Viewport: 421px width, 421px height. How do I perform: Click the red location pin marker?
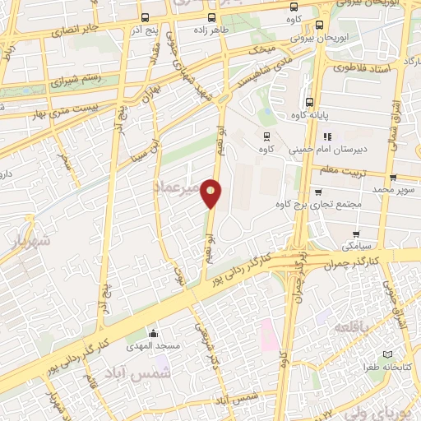(212, 192)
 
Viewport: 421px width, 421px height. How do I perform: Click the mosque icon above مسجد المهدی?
(152, 333)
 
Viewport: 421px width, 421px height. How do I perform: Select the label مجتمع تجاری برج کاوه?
(337, 205)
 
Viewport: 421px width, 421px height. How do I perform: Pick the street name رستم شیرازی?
(76, 81)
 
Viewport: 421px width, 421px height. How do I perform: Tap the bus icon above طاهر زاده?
(213, 17)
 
